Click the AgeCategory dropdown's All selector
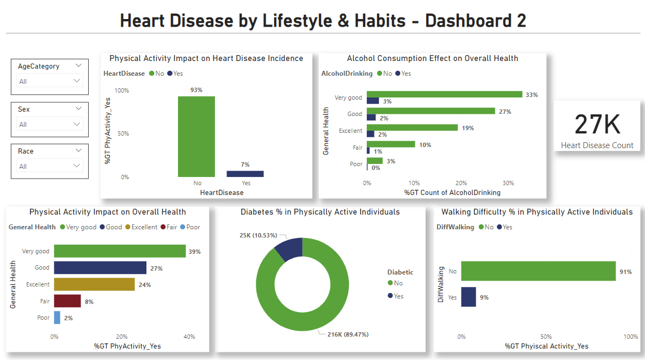click(x=50, y=81)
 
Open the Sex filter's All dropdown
click(x=50, y=124)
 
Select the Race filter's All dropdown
click(x=50, y=166)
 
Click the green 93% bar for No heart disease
click(x=196, y=137)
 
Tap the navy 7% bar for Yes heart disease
click(x=245, y=174)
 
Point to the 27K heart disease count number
click(x=597, y=125)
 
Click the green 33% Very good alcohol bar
click(x=444, y=94)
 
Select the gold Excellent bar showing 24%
click(x=94, y=284)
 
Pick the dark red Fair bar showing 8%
click(x=67, y=301)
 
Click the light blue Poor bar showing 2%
click(x=57, y=318)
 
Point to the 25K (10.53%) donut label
click(x=258, y=235)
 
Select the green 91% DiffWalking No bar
click(x=538, y=271)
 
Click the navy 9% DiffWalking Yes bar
click(x=469, y=297)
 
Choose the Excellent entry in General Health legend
click(x=142, y=227)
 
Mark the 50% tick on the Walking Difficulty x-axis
click(x=546, y=337)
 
